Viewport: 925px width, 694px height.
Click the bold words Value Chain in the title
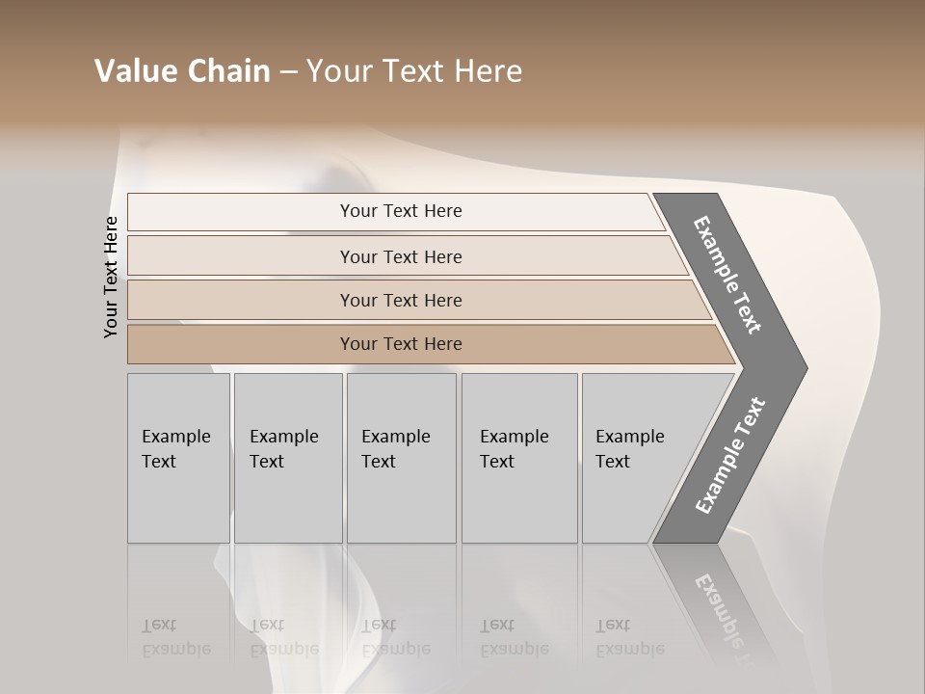click(182, 71)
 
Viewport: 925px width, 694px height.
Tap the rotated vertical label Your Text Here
click(111, 277)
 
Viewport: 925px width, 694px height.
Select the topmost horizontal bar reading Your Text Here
click(400, 211)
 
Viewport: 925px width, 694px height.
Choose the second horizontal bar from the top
click(400, 256)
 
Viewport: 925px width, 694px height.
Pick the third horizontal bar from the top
click(400, 300)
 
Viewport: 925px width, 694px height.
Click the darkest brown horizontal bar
click(400, 344)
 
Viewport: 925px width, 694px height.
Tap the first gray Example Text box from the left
click(178, 458)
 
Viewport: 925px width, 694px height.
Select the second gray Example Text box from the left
click(287, 458)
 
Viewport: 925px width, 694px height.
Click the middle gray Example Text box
click(401, 458)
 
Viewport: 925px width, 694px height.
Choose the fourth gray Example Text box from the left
click(518, 458)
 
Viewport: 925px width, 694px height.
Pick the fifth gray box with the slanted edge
click(636, 458)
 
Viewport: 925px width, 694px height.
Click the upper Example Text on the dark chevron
click(727, 275)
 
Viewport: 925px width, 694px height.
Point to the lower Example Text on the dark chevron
click(730, 455)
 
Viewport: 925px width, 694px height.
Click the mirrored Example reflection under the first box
click(175, 649)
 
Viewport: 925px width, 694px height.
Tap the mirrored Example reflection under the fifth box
click(629, 649)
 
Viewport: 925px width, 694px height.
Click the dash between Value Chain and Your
click(288, 72)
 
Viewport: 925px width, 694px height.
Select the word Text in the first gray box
click(159, 462)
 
